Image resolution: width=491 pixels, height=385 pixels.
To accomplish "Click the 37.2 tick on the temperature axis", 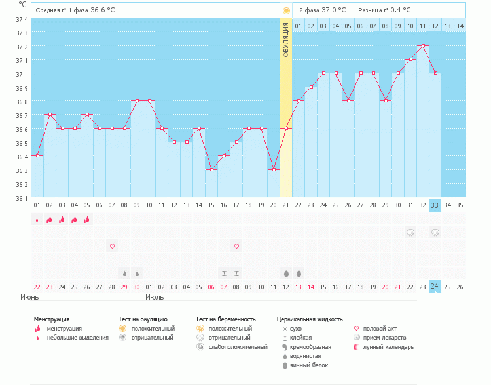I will [x=22, y=47].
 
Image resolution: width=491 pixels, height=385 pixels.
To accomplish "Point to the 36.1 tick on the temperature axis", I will [x=22, y=197].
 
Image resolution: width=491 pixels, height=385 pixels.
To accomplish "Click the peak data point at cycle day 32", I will [x=424, y=46].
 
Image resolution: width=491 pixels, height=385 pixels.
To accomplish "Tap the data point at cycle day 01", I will [x=37, y=156].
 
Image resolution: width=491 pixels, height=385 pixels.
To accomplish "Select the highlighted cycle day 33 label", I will [x=435, y=205].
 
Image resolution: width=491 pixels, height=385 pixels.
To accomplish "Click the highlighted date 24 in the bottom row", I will [x=435, y=286].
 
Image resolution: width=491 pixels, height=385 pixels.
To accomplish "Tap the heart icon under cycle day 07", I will [x=112, y=246].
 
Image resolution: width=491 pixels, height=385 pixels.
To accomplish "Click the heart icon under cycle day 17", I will [x=236, y=246].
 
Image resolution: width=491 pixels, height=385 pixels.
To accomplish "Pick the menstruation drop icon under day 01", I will [x=37, y=220].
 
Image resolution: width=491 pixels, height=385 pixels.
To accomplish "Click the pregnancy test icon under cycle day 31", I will [x=410, y=232].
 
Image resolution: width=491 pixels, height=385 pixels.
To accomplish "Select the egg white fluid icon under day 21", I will [x=286, y=273].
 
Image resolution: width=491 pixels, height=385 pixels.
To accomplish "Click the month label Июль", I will [x=155, y=298].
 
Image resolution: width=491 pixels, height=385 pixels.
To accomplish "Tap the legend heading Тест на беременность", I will [x=225, y=319].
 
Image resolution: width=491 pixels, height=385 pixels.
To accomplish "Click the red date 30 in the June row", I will [x=137, y=287].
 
